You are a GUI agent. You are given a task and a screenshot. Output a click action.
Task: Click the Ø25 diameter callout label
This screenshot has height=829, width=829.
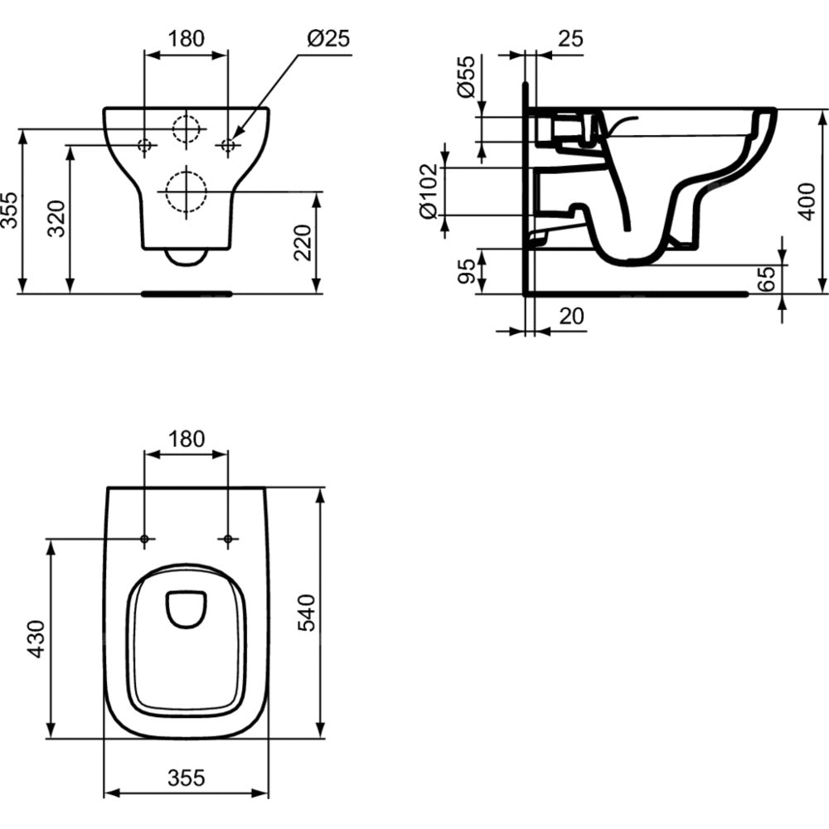coord(327,38)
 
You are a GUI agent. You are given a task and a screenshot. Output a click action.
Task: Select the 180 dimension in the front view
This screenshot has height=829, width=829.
coord(186,38)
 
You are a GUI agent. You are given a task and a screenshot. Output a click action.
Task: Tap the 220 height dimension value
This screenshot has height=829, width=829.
coord(303,243)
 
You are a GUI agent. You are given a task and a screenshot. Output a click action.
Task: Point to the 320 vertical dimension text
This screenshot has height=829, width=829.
coord(56,218)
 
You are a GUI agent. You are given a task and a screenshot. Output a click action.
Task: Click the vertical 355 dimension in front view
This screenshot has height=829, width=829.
coord(9,210)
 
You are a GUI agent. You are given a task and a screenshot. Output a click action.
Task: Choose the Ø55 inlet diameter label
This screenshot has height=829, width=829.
coord(466,76)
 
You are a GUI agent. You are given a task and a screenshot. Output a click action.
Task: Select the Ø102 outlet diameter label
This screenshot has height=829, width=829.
coord(429,191)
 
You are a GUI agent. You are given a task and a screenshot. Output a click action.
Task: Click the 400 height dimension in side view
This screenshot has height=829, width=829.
coord(807,201)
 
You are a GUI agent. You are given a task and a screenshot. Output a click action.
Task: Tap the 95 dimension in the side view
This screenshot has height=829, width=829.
coord(466,271)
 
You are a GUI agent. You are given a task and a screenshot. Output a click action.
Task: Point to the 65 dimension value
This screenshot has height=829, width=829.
coord(766,279)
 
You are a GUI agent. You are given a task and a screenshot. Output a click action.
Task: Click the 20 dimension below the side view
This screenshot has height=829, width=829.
coord(571,316)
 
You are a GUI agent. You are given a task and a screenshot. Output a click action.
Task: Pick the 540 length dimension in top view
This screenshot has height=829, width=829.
coord(307,613)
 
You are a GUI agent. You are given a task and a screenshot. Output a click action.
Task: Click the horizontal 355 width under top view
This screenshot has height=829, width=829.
coord(186,778)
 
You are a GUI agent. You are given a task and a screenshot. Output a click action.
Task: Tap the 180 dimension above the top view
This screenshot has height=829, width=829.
coord(186,439)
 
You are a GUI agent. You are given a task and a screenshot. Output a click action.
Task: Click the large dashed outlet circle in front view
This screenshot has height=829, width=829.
coord(186,191)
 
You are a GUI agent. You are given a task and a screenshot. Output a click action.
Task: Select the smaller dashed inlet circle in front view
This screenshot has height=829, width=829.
coord(186,128)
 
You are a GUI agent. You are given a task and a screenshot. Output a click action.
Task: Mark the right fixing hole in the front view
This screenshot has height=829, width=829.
coord(228,144)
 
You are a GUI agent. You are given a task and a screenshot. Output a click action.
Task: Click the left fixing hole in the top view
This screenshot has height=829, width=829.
coord(144,539)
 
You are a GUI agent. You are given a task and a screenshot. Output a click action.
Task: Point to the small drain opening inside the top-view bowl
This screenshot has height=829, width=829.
coord(186,608)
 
